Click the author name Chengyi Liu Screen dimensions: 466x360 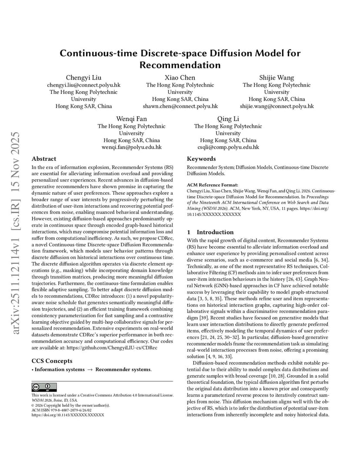[x=83, y=78]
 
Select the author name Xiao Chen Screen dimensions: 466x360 [x=180, y=78]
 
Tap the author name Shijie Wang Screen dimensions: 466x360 [x=277, y=78]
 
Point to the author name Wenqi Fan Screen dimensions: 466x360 [x=131, y=119]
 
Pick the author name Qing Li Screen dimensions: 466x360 [x=228, y=119]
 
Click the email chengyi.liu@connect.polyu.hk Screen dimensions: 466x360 [x=83, y=85]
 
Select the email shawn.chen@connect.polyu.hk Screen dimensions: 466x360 [x=180, y=106]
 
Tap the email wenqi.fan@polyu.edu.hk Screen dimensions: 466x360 [x=131, y=147]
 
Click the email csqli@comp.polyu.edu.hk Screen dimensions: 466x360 [x=228, y=147]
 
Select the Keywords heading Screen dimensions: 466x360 [x=201, y=159]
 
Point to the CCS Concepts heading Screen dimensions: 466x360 [x=52, y=361]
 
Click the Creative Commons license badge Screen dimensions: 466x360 [x=44, y=387]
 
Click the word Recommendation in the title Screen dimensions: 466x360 [x=180, y=65]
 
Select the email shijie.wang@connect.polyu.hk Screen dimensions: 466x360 [x=277, y=106]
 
